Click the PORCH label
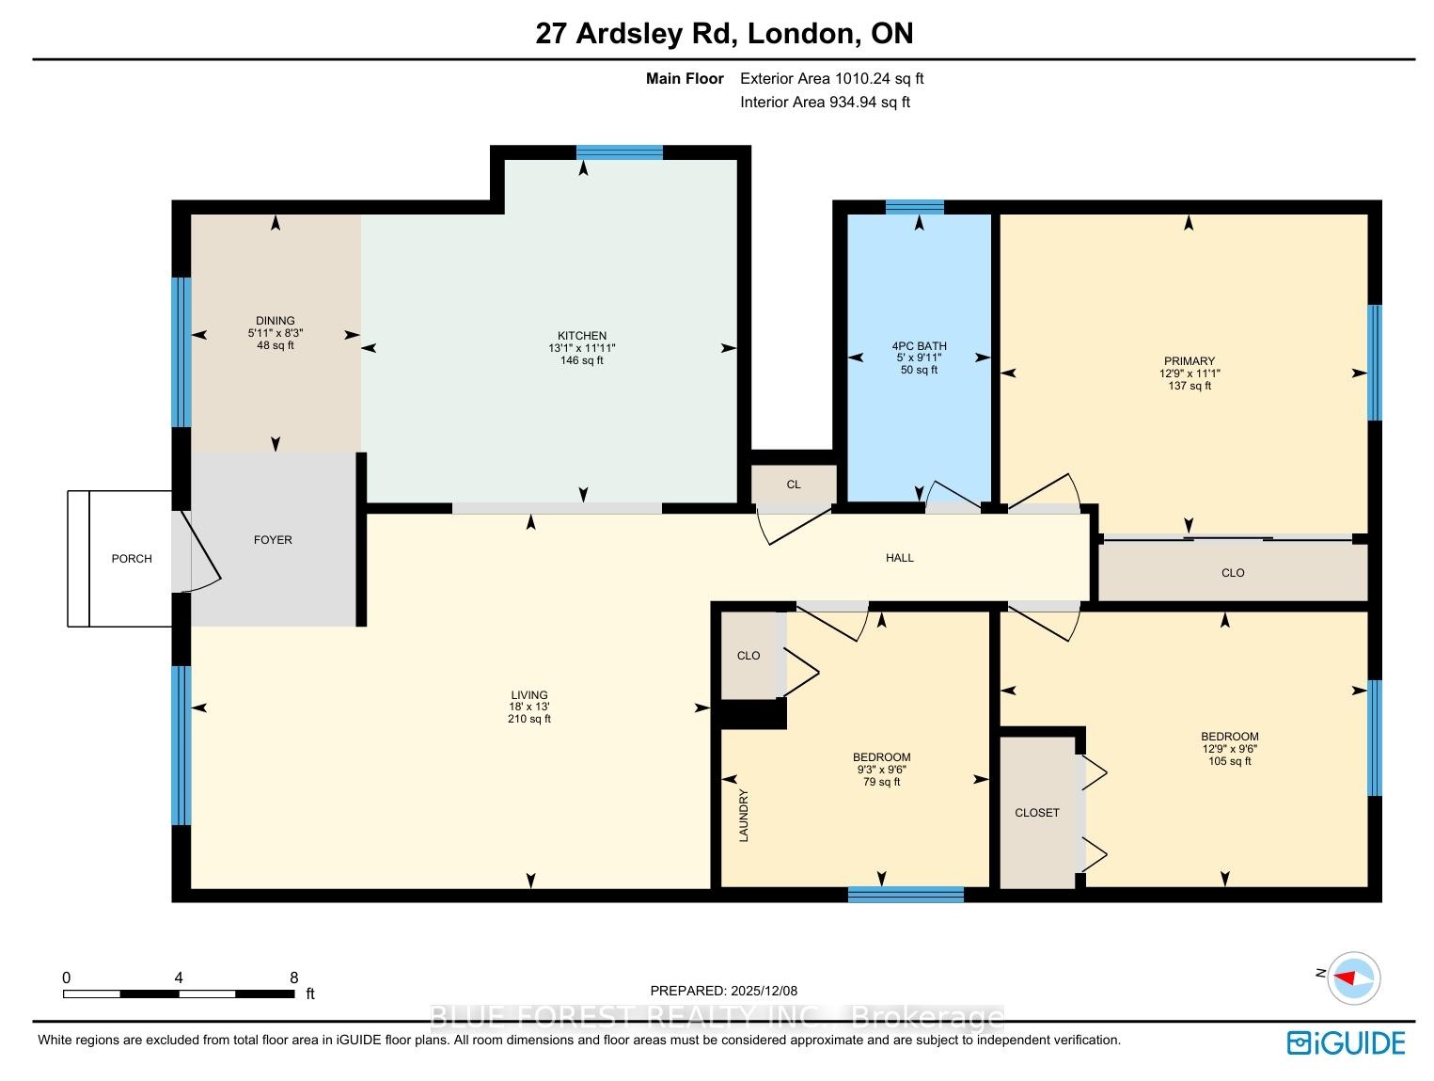click(x=132, y=558)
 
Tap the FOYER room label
click(x=273, y=539)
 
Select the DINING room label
click(x=275, y=320)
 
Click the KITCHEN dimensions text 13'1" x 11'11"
click(x=581, y=348)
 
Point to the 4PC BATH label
click(x=919, y=345)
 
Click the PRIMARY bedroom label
click(x=1189, y=360)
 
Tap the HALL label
click(x=899, y=558)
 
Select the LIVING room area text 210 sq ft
click(x=529, y=718)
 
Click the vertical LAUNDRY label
click(x=744, y=815)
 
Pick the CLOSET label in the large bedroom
click(x=1037, y=812)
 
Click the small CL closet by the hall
click(x=793, y=485)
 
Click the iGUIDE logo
click(x=1346, y=1042)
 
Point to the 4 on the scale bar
click(x=179, y=978)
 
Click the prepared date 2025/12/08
click(x=764, y=990)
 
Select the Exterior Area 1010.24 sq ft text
click(x=831, y=78)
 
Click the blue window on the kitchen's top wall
click(x=620, y=152)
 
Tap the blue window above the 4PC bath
click(x=914, y=207)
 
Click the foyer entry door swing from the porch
click(x=203, y=552)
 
